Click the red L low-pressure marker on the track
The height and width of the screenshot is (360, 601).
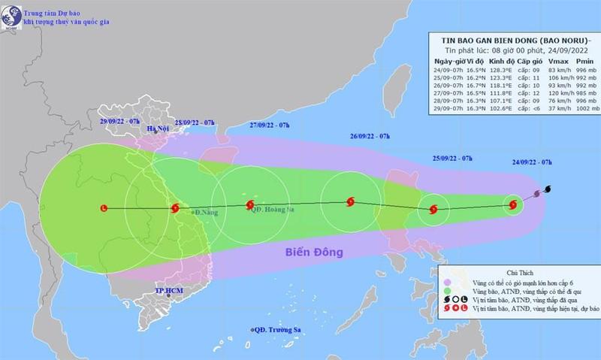[103, 208]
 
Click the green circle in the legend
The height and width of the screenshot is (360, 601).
[445, 288]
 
